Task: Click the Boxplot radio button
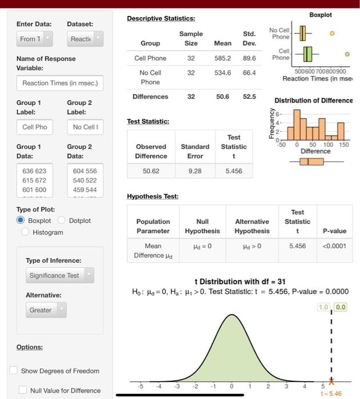click(21, 220)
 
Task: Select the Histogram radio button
click(26, 232)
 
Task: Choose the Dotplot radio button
click(62, 220)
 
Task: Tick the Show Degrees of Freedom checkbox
click(14, 370)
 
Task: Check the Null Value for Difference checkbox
click(23, 390)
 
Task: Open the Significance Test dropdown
click(60, 275)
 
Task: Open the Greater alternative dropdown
click(46, 310)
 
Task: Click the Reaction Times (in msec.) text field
click(60, 83)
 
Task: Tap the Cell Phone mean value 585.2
click(223, 58)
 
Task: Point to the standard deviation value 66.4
click(249, 73)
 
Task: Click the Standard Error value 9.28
click(195, 170)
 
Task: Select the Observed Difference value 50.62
click(151, 170)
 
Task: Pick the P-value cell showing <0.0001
click(334, 246)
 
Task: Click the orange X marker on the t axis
click(331, 381)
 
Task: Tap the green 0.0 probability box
click(340, 307)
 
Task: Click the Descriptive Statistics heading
click(160, 19)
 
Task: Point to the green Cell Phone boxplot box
click(308, 54)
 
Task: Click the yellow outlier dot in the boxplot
click(331, 34)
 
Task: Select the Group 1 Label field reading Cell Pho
click(35, 127)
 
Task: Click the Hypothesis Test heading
click(152, 196)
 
